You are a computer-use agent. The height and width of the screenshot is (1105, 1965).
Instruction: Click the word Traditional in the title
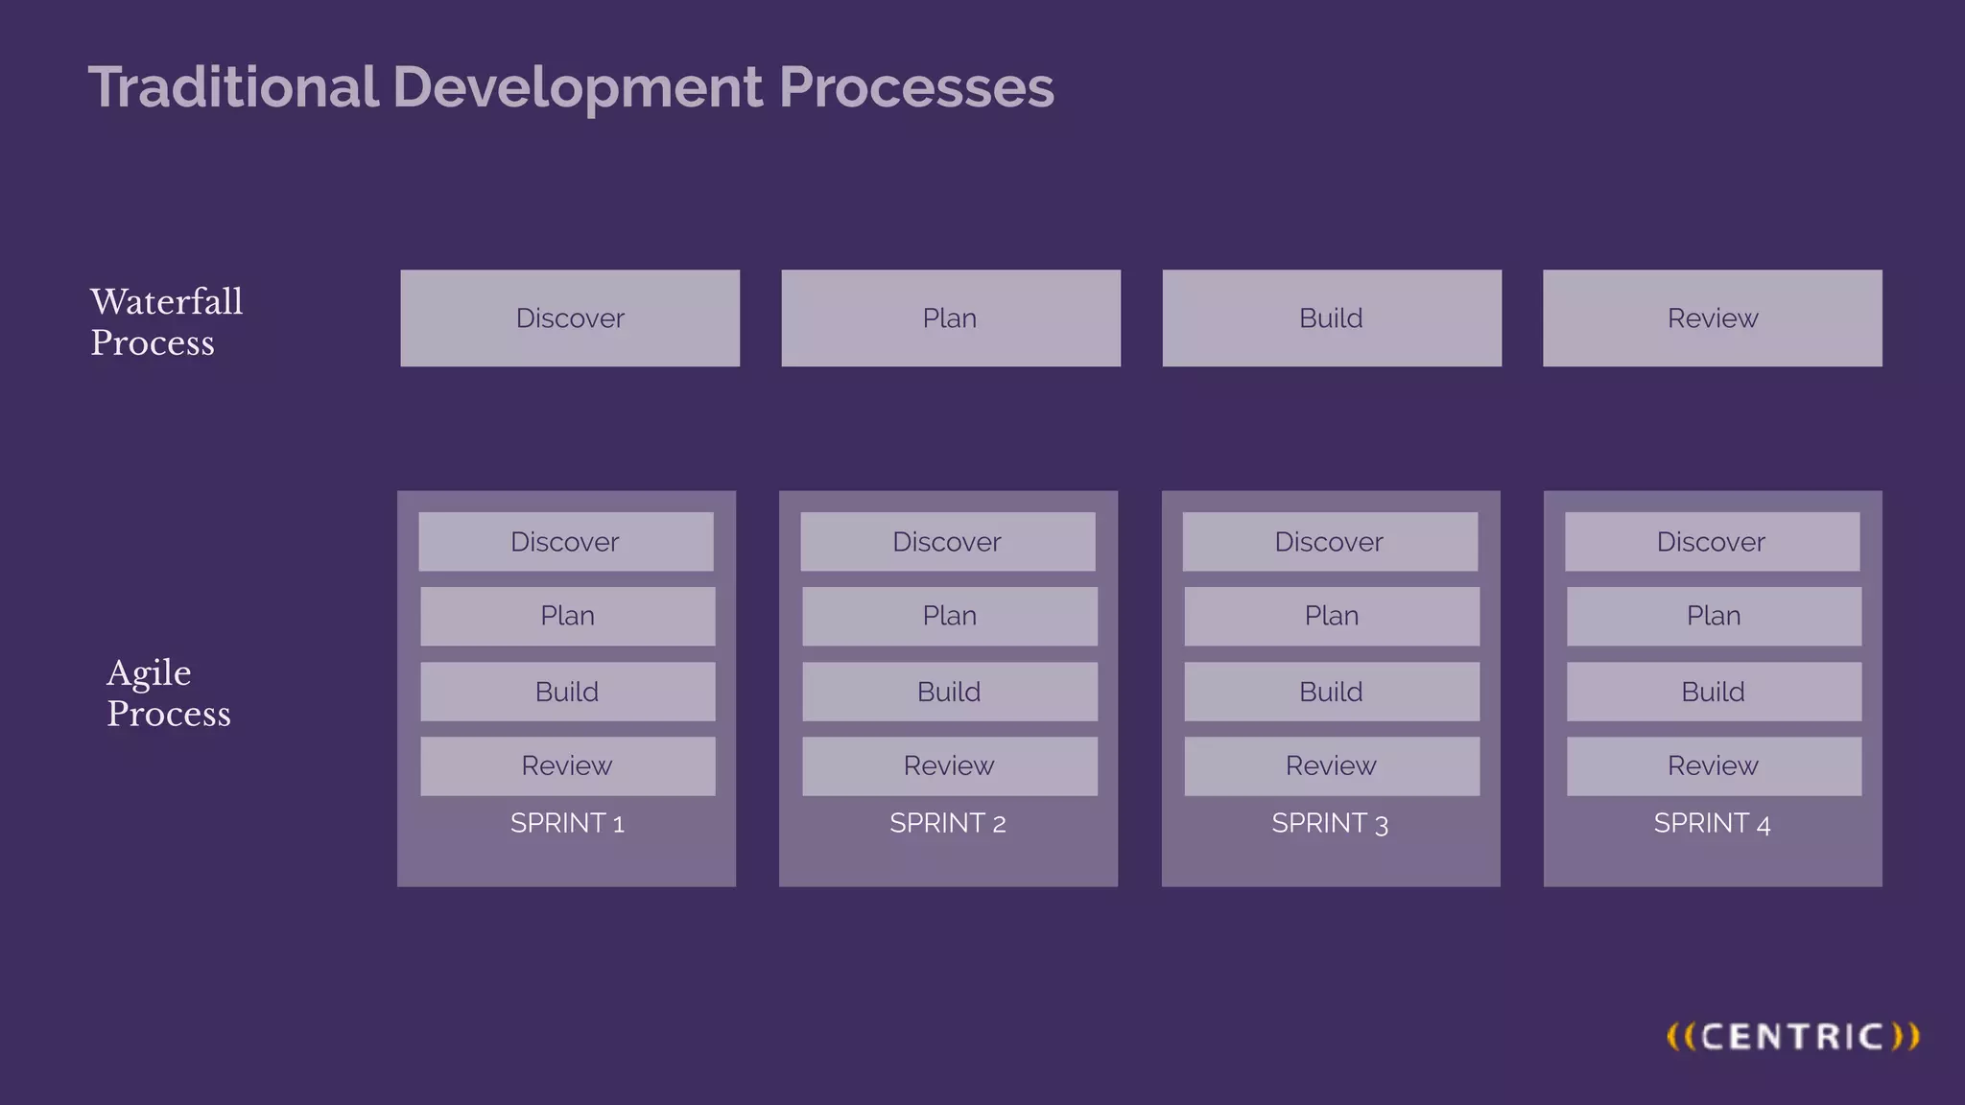[x=233, y=87]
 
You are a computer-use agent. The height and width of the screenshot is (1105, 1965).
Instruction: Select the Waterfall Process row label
[x=166, y=321]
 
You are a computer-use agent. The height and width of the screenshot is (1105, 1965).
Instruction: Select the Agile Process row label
[x=168, y=693]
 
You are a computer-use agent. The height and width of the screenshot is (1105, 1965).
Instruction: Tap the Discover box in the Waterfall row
[x=570, y=318]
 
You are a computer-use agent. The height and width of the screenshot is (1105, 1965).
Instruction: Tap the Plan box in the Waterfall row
[x=950, y=318]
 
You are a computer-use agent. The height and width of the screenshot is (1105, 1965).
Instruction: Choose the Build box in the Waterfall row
[x=1331, y=318]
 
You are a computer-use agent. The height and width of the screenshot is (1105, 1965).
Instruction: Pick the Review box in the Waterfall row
[x=1712, y=318]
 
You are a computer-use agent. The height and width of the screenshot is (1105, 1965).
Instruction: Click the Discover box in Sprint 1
[x=565, y=542]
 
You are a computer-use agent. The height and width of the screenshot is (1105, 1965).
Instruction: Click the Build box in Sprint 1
[x=567, y=692]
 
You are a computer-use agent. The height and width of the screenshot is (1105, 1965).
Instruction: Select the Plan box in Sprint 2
[x=949, y=616]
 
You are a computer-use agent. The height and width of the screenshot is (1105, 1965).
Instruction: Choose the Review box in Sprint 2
[x=949, y=765]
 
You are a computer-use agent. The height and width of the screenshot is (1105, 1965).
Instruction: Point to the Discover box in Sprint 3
[x=1329, y=542]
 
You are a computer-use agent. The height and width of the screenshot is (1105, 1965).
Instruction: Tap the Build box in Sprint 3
[x=1331, y=692]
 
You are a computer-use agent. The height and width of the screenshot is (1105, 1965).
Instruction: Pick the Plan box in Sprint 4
[x=1714, y=616]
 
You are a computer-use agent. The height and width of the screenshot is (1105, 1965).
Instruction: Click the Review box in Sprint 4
[x=1714, y=765]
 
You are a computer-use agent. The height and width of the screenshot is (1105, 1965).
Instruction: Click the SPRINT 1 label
[x=567, y=823]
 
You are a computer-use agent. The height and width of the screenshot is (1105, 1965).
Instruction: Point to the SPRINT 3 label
[x=1330, y=823]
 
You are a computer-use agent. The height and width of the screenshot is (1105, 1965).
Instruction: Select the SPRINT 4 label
[x=1712, y=823]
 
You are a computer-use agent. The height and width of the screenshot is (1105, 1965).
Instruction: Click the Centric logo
[x=1792, y=1037]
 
